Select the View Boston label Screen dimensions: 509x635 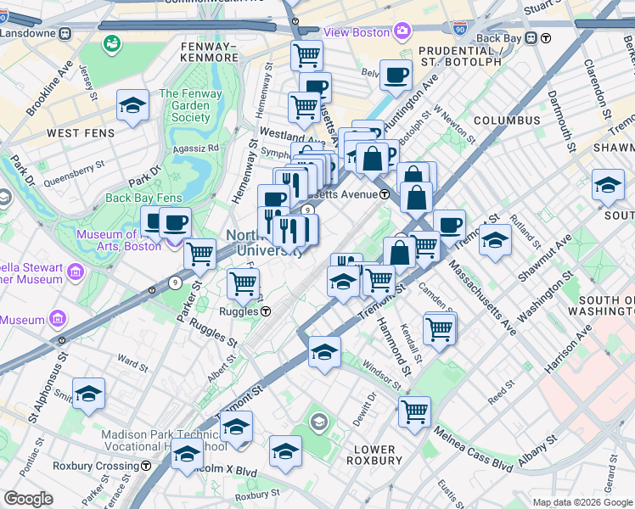coord(358,31)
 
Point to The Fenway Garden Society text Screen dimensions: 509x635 coord(184,106)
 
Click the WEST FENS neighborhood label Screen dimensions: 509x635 coord(76,133)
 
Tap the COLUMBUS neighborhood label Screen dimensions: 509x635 coord(507,120)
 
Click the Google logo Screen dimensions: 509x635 coord(27,499)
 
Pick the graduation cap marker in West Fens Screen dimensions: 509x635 coord(132,105)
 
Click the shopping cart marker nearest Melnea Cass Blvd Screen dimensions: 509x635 coord(414,411)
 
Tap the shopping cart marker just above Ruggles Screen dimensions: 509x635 coord(244,284)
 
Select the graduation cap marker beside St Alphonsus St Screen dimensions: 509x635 coord(88,394)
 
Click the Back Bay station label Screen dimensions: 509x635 coord(498,38)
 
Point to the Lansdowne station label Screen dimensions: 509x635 coord(27,32)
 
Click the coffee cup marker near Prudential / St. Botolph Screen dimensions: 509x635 coord(395,76)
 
